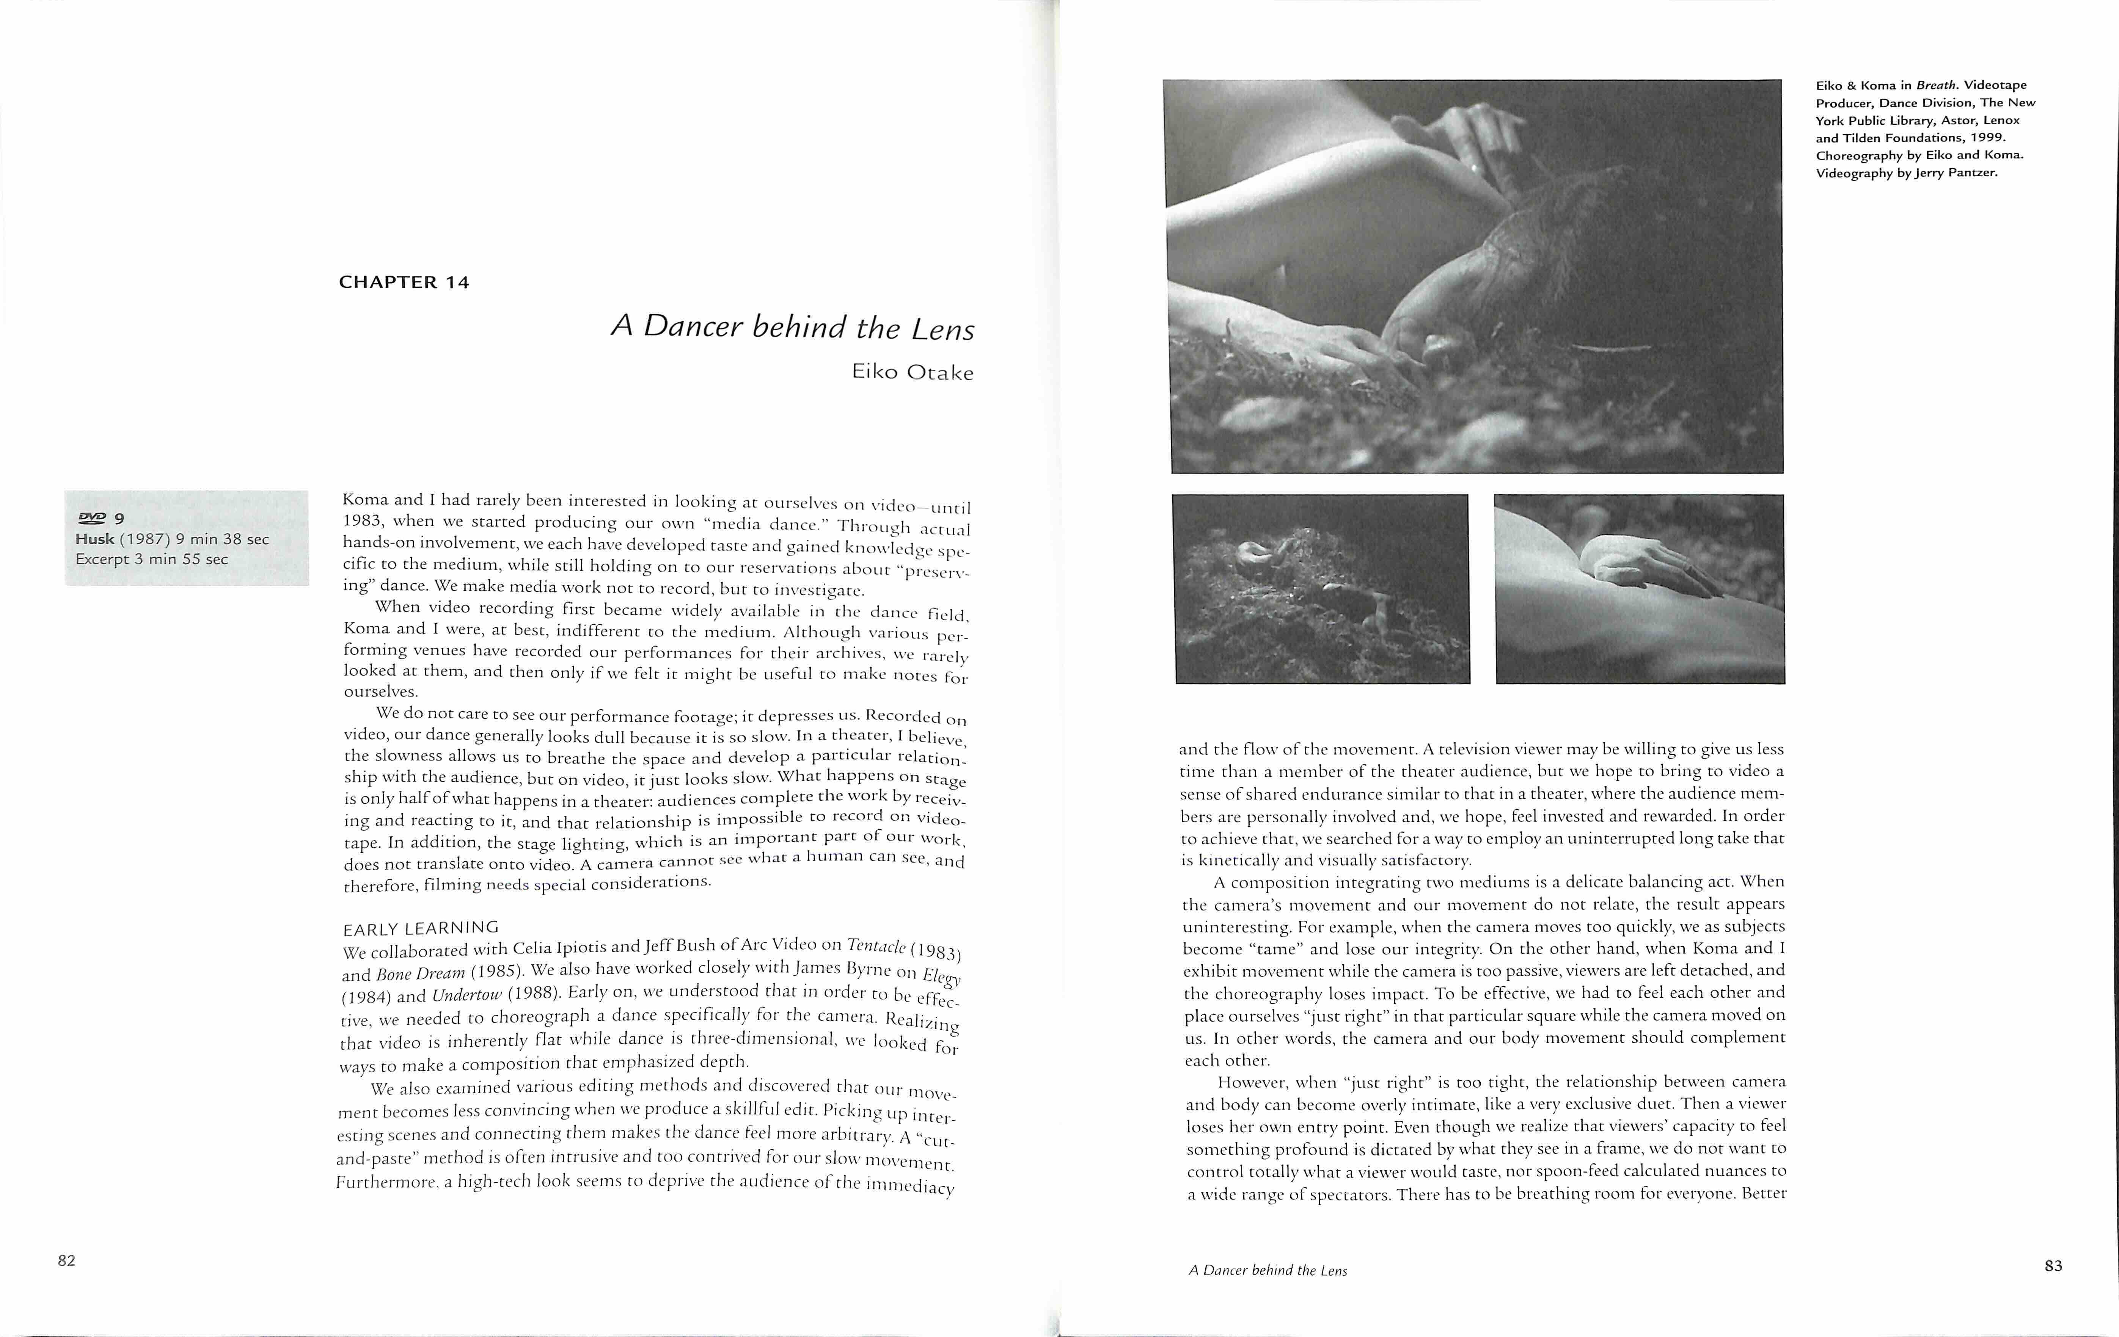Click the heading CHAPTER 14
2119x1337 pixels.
coord(404,282)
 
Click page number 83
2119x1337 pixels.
coord(2053,1266)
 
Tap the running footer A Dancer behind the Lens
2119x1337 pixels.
coord(1267,1270)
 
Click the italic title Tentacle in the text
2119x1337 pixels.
coord(876,945)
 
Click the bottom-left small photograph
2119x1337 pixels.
coord(1322,588)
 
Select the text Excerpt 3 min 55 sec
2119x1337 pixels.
coord(151,560)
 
